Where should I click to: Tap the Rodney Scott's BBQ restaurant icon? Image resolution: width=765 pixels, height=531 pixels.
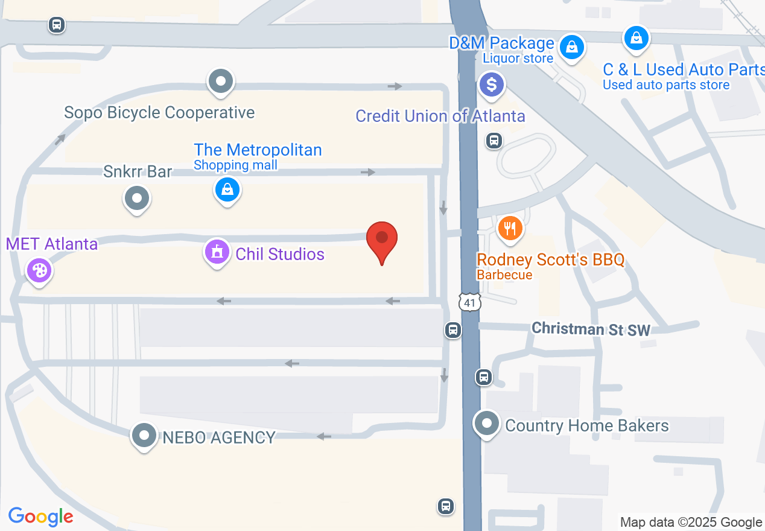pos(510,229)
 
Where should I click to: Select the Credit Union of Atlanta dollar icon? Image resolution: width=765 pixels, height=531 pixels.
pos(492,84)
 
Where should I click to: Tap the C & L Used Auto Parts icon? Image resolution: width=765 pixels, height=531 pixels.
pos(636,39)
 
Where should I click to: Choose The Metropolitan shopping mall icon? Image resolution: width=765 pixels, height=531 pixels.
pos(227,190)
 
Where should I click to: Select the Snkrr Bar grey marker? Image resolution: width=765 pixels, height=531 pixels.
pos(137,198)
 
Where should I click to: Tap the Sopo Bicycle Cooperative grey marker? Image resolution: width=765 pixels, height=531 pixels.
pos(221,81)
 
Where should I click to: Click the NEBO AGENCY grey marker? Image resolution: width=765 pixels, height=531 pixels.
pos(144,435)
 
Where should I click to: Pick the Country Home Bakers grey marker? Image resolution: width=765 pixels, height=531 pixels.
pos(486,424)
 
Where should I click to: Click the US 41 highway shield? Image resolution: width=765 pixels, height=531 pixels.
pos(469,302)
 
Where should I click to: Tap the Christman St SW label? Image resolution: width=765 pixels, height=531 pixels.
pos(591,329)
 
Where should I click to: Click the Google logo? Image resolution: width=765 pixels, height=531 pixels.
pos(40,517)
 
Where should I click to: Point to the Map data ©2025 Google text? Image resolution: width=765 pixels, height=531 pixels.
pos(691,523)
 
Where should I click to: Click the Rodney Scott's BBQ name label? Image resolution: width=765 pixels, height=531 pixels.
pos(550,260)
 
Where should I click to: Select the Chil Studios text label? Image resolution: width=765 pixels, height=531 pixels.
pos(280,254)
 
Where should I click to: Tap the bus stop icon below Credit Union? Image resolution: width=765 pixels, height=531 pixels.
pos(494,141)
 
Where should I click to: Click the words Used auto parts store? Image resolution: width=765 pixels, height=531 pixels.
pos(666,85)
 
